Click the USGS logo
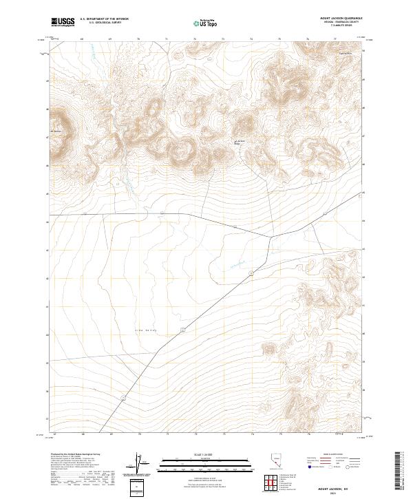click(x=63, y=22)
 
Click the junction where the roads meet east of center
click(x=270, y=237)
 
